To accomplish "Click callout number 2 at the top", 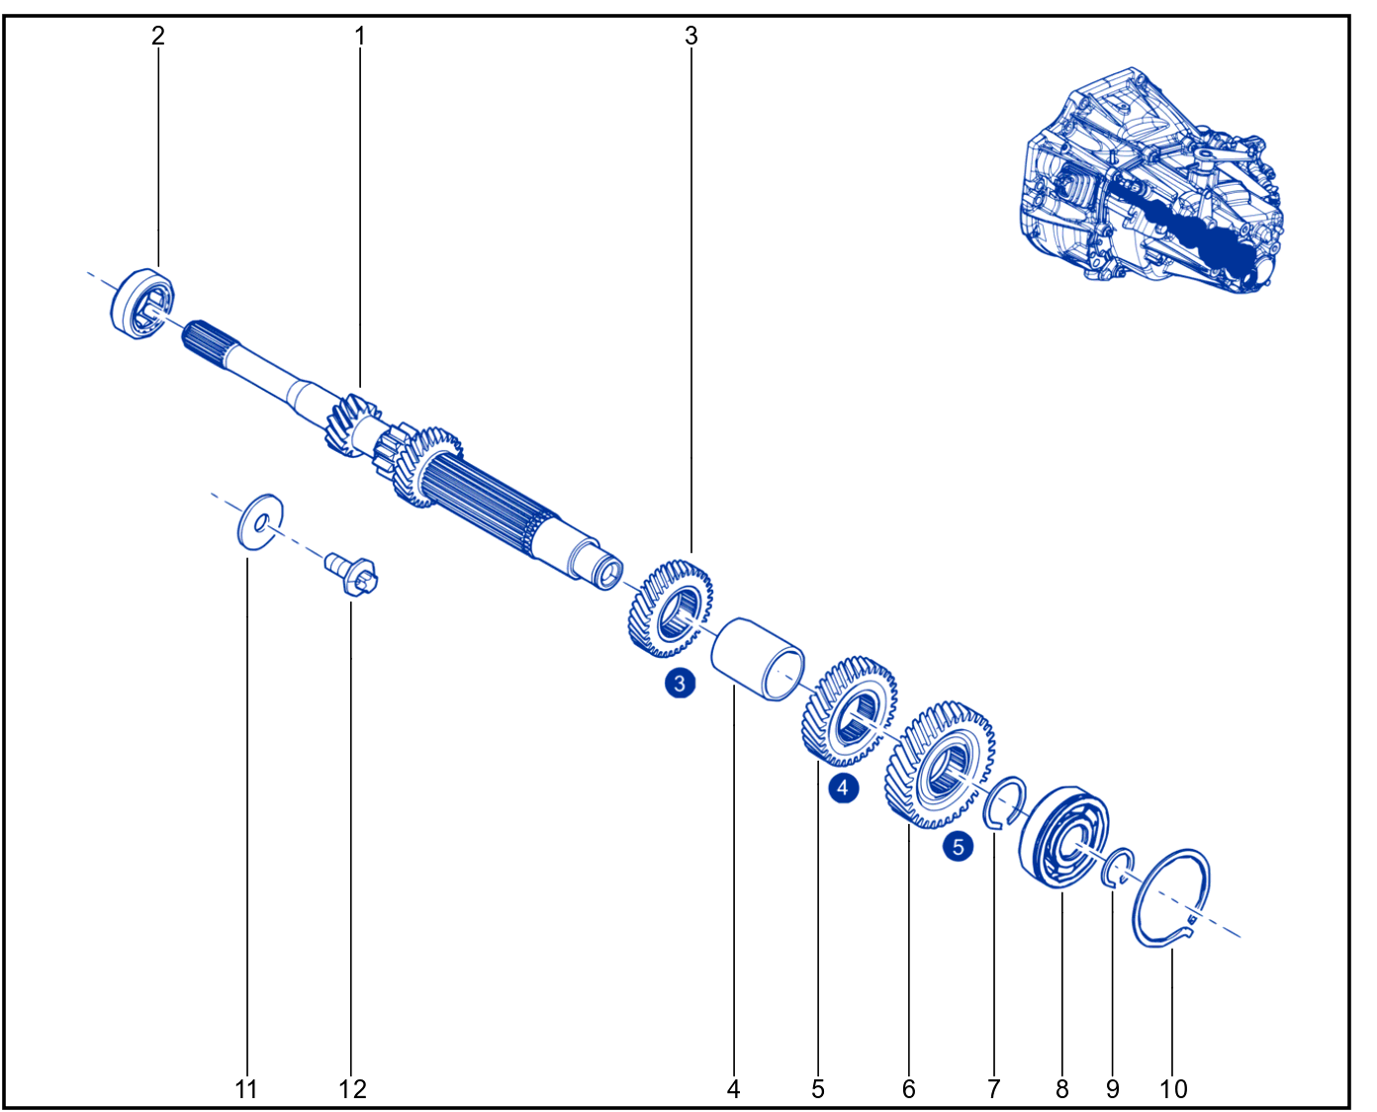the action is (158, 36).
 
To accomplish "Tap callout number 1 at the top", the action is (360, 36).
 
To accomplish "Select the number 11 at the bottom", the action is (245, 1089).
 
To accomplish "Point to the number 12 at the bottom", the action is (352, 1089).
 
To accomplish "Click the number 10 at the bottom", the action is (1173, 1089).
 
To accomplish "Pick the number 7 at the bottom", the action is (993, 1089).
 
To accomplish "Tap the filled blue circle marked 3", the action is (680, 684).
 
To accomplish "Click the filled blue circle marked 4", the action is (843, 788).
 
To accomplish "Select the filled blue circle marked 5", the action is (959, 846).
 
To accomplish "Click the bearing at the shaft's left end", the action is (141, 303).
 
